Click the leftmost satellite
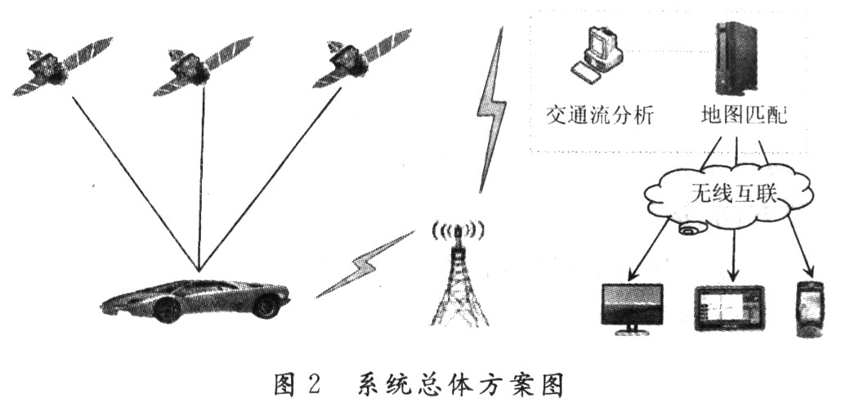click(61, 65)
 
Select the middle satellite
click(202, 65)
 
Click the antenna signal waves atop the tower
click(459, 231)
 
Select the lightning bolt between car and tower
click(365, 263)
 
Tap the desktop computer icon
click(596, 56)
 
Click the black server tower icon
click(737, 59)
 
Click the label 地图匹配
click(745, 114)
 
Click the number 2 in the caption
click(313, 385)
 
